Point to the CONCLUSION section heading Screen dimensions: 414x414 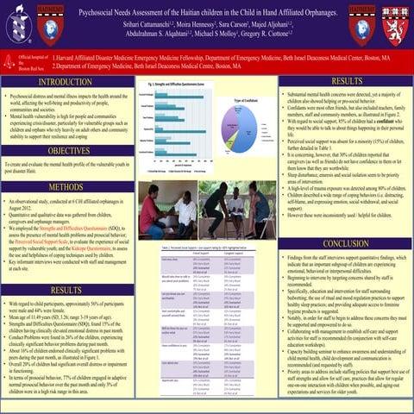coord(347,244)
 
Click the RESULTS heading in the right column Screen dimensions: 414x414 coord(347,80)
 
